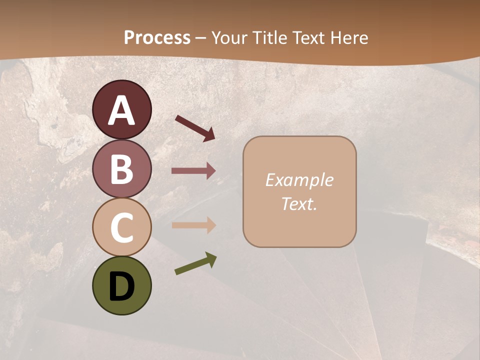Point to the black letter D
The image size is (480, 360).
coord(122,287)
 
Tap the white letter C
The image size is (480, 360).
coord(122,227)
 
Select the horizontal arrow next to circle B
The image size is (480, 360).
coord(193,171)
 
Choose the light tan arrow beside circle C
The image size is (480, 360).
coord(193,225)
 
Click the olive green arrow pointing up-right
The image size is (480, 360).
coord(195,263)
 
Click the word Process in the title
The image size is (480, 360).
coord(157,37)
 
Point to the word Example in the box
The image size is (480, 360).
coord(299,180)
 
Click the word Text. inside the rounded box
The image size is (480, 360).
coord(299,204)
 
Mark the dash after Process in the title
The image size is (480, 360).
coord(201,38)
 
